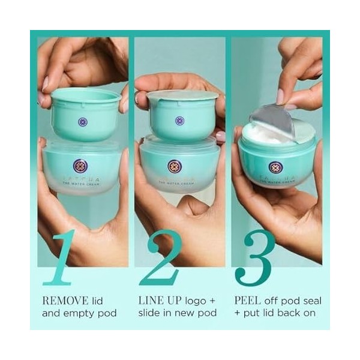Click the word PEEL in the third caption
(x=248, y=299)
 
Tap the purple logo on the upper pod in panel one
(x=83, y=121)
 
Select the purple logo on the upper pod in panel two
(x=179, y=121)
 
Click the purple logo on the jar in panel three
(x=275, y=168)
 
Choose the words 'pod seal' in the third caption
(x=292, y=299)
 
